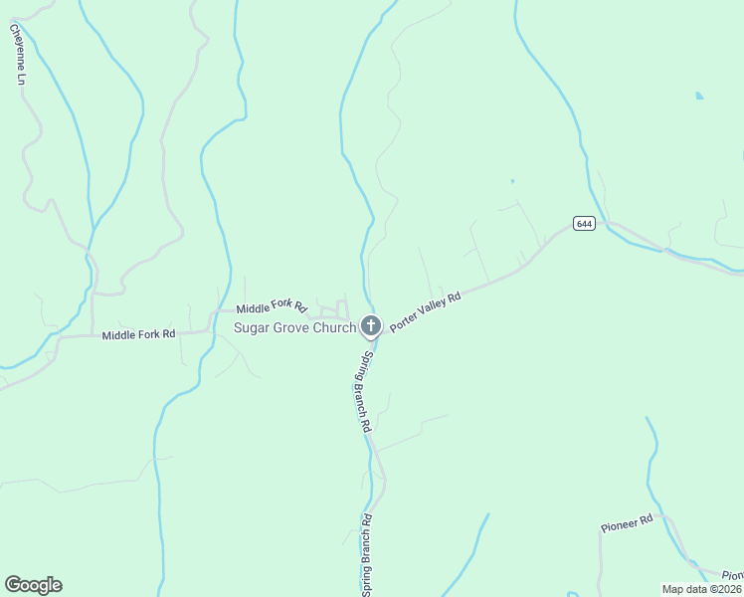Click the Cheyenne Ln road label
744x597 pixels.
coord(17,54)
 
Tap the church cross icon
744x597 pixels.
coord(370,325)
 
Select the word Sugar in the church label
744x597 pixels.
coord(253,327)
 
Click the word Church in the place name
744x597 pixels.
coord(333,327)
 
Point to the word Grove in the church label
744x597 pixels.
coord(291,327)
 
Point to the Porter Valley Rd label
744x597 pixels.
coord(426,311)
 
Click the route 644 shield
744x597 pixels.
coord(584,224)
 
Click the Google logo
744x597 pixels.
coord(33,585)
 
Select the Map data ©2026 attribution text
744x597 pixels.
coord(702,589)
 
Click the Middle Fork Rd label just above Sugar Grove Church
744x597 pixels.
coord(271,309)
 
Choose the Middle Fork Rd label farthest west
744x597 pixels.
coord(138,334)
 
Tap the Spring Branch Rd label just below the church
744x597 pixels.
coord(366,391)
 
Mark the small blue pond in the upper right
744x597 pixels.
coord(699,96)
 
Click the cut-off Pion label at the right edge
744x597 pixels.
coord(732,575)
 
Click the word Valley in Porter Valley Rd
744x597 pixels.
coord(428,310)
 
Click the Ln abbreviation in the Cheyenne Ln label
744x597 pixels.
coord(20,78)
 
